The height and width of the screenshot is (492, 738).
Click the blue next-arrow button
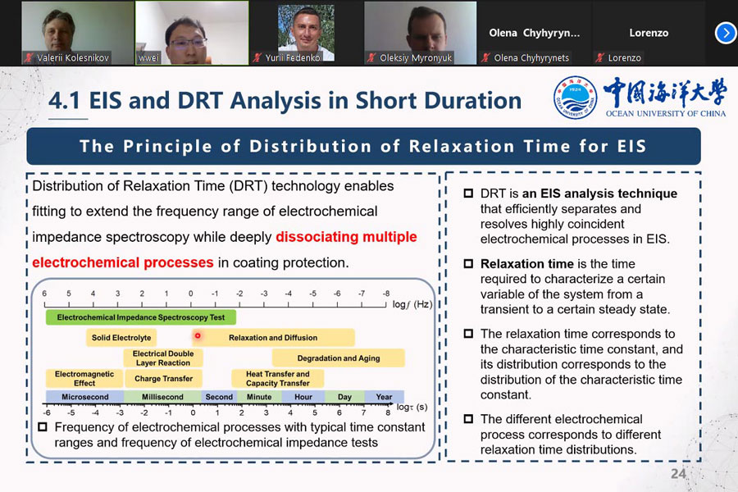click(726, 33)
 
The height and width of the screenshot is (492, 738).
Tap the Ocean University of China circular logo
click(575, 98)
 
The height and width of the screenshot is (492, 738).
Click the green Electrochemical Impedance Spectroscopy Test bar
click(141, 317)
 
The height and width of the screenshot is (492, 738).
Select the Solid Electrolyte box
click(121, 338)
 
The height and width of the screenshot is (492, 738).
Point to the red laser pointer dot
click(198, 335)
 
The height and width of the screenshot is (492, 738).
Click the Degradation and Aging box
click(339, 358)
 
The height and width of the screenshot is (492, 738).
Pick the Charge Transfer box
click(163, 379)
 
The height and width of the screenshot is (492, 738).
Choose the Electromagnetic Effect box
click(84, 379)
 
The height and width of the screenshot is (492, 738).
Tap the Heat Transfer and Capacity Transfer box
click(278, 379)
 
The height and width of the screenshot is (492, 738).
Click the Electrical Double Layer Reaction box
click(163, 358)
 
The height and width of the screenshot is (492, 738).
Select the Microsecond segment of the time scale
click(84, 396)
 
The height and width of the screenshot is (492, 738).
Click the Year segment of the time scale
click(384, 396)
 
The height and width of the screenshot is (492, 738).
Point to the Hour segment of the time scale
click(303, 396)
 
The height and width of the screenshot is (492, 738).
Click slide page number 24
click(678, 474)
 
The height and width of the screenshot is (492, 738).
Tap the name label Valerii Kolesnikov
click(72, 58)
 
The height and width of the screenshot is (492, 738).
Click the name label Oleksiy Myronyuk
click(416, 58)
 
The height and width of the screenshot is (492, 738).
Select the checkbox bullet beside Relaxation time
click(468, 264)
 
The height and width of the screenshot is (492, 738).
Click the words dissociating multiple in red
click(346, 237)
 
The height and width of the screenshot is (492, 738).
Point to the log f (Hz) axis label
click(412, 304)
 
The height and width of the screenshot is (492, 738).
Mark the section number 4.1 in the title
click(65, 100)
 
